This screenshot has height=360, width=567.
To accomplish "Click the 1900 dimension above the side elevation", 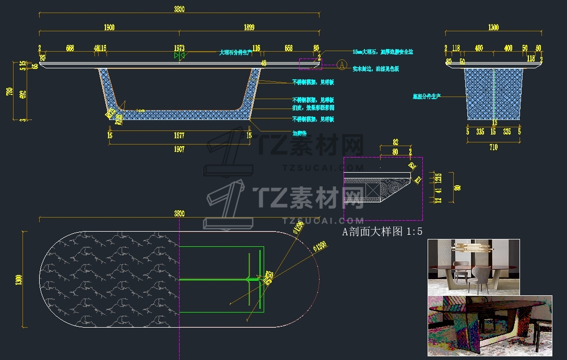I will pyautogui.click(x=109, y=28).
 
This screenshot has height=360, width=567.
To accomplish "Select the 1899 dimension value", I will pyautogui.click(x=249, y=28).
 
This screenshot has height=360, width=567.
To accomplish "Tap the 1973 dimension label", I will pyautogui.click(x=179, y=48).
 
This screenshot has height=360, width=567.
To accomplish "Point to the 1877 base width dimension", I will pyautogui.click(x=179, y=136).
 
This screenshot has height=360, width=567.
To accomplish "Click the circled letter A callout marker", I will pyautogui.click(x=341, y=65).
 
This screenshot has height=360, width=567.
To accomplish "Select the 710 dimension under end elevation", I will pyautogui.click(x=493, y=148).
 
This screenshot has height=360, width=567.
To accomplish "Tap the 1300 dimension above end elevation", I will pyautogui.click(x=493, y=28).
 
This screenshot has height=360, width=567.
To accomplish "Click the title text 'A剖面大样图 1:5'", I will pyautogui.click(x=382, y=232).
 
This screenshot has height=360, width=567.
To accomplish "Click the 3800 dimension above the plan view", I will pyautogui.click(x=179, y=213).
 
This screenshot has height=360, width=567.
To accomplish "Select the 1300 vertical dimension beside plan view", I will pyautogui.click(x=19, y=279).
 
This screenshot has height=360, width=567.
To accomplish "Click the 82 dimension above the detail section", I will pyautogui.click(x=395, y=142).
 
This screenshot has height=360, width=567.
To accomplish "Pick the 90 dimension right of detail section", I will pyautogui.click(x=457, y=188).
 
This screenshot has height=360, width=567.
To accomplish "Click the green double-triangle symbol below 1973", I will pyautogui.click(x=180, y=55).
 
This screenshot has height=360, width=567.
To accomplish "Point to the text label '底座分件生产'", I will pyautogui.click(x=426, y=97).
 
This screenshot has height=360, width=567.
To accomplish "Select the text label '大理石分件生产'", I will pyautogui.click(x=235, y=52).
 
